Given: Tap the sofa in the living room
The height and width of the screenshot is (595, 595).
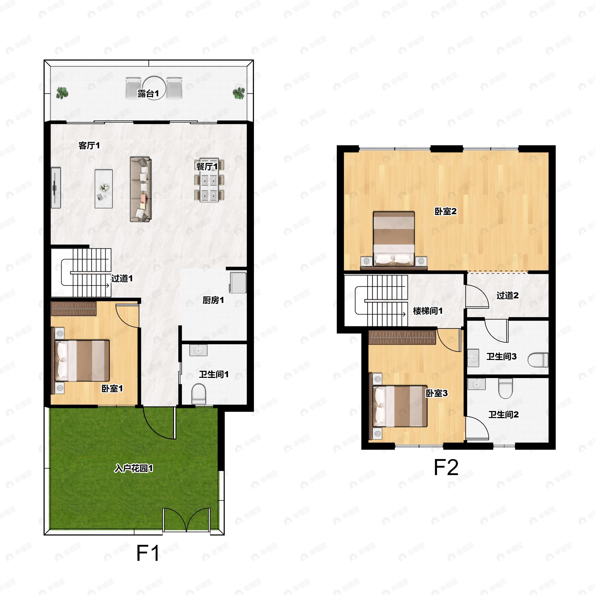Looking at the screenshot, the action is [x=141, y=189].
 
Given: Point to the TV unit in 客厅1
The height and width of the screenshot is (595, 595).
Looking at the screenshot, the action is [x=56, y=188].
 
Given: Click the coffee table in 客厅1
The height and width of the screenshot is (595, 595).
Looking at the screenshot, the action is [x=103, y=188].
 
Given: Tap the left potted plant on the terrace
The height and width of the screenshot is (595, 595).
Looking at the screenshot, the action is [x=62, y=93].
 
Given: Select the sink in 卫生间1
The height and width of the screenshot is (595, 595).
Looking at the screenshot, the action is [x=198, y=350].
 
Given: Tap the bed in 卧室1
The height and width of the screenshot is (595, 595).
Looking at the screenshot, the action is [x=82, y=360].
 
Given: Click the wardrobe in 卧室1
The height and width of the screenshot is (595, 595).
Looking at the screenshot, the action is [x=74, y=309].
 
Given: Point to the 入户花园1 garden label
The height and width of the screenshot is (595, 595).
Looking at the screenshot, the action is [x=134, y=468].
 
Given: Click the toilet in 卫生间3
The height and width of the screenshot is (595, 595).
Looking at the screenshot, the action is [x=538, y=360].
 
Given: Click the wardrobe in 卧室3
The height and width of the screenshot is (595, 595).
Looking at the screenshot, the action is [x=402, y=337].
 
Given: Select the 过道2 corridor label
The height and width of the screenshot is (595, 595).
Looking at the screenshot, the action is [x=507, y=295].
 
